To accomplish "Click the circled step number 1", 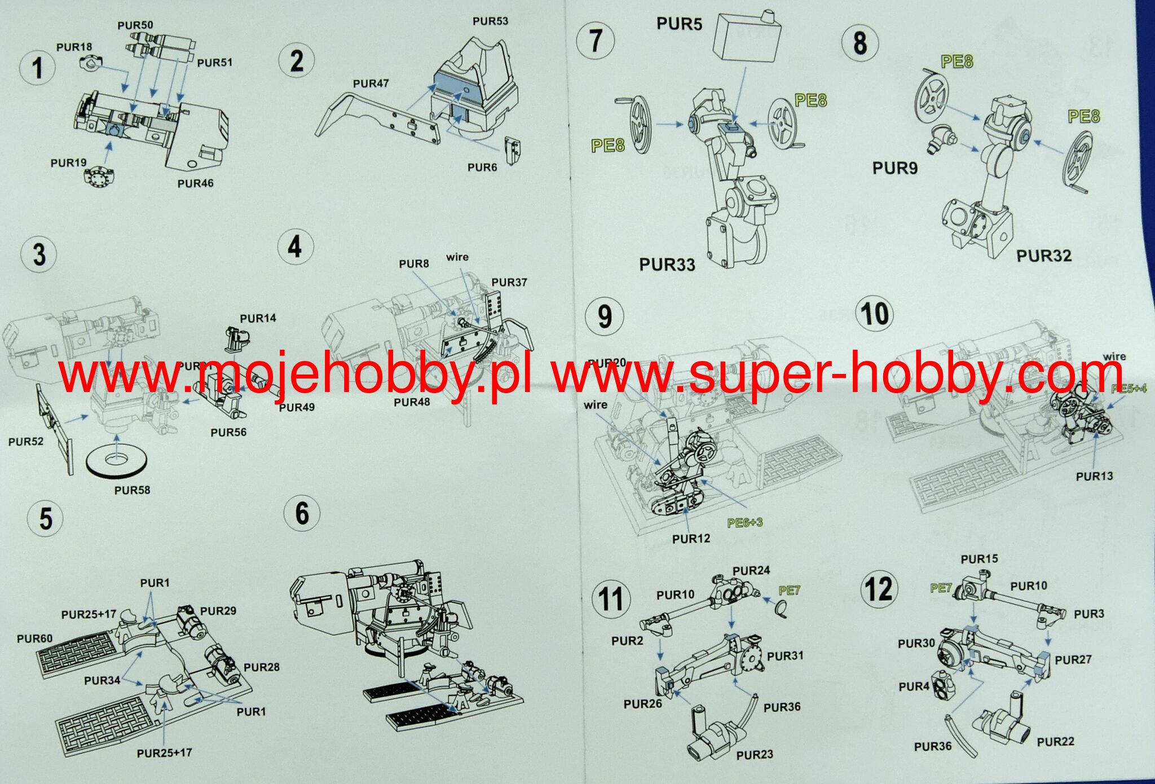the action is point(37,68).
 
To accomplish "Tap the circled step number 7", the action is point(596,41).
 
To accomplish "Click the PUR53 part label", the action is point(490,21).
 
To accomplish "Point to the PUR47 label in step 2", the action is point(371,84).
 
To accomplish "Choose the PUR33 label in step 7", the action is point(667,265).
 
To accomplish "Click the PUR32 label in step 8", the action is point(1043,256).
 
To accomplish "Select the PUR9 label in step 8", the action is point(894,168).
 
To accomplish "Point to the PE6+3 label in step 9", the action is point(744,523).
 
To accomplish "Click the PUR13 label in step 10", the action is point(1094,477).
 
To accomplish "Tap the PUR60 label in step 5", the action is point(34,638).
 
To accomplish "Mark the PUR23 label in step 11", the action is point(755,755).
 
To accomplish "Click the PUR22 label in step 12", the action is point(1055,742).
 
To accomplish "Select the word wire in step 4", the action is point(457,257).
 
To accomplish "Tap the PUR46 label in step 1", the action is point(195,183).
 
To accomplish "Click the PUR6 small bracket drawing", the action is point(512,150).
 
